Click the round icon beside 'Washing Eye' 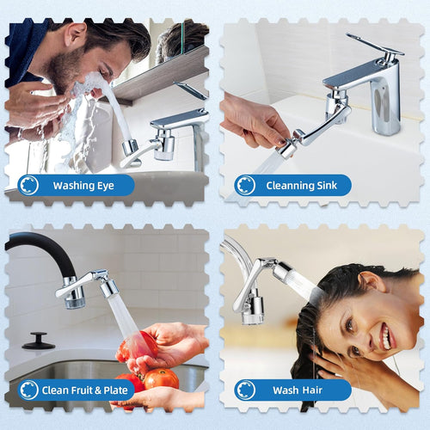coord(28,185)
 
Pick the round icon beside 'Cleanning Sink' coord(246,185)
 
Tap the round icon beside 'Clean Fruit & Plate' coord(28,390)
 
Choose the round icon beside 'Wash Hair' coord(246,390)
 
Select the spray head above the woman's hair coord(288,279)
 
